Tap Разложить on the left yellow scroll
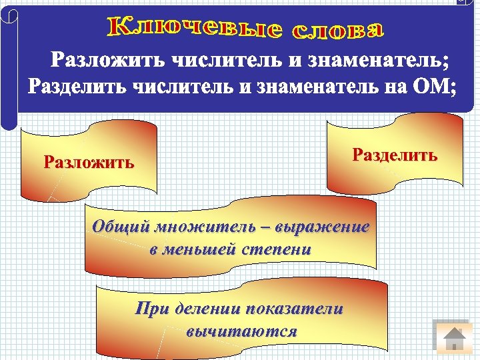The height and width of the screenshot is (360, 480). tap(89, 162)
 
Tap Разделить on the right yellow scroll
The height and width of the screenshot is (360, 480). tap(395, 156)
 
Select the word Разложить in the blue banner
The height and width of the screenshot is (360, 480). tap(109, 61)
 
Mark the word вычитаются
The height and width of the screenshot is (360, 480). tap(241, 331)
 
